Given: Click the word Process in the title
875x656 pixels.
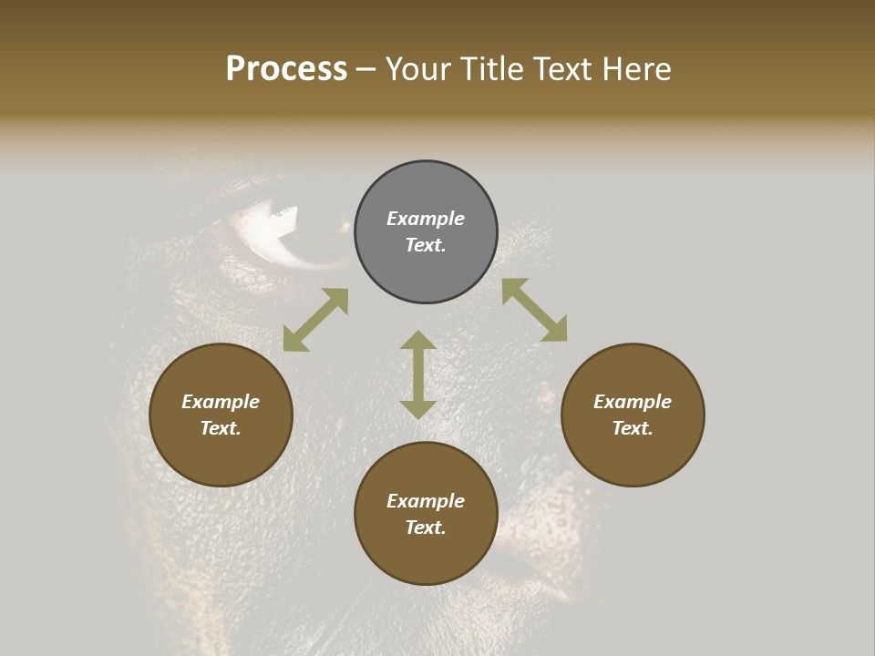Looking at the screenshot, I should pos(286,69).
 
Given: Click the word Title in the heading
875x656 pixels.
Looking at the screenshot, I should pos(491,69).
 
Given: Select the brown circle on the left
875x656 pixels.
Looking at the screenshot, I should pos(221,456).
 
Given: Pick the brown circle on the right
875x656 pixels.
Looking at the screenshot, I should pos(633,456).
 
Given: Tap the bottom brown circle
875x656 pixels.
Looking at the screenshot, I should pos(426,556).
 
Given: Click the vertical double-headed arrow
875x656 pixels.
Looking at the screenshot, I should pos(418,374).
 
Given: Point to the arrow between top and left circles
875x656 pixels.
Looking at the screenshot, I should pos(315,320).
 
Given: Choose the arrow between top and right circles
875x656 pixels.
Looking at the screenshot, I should pos(534,310).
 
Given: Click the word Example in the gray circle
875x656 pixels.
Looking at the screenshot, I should pos(426,219).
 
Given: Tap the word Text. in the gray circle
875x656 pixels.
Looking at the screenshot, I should pos(426,245).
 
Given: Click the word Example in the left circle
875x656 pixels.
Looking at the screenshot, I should pos(221,402).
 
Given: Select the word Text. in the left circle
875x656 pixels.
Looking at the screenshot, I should pos(221,428).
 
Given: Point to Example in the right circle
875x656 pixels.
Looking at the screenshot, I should pos(633,402).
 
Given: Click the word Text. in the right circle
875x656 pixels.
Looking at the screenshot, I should pos(633,428).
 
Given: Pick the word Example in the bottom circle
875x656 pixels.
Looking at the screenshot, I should pos(426,501).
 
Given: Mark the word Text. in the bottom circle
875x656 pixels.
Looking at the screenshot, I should pos(426,528).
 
